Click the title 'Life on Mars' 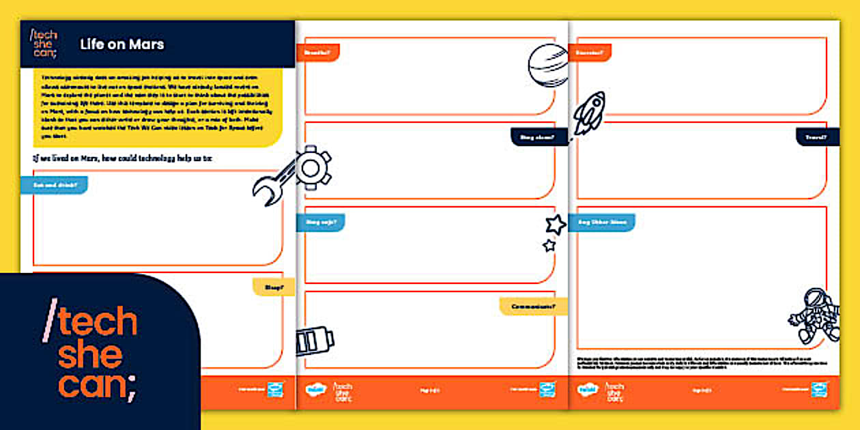coord(121,44)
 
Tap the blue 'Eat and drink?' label coord(55,185)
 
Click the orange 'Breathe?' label coord(318,53)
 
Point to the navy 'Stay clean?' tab coord(539,137)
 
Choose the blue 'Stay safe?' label coord(321,221)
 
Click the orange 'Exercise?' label coord(590,53)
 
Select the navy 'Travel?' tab coord(817,137)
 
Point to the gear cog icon coord(313,167)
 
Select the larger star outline coord(556,225)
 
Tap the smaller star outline coord(549,245)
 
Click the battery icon coord(315,341)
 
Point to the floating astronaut coord(815,315)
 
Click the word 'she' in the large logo coord(90,355)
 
